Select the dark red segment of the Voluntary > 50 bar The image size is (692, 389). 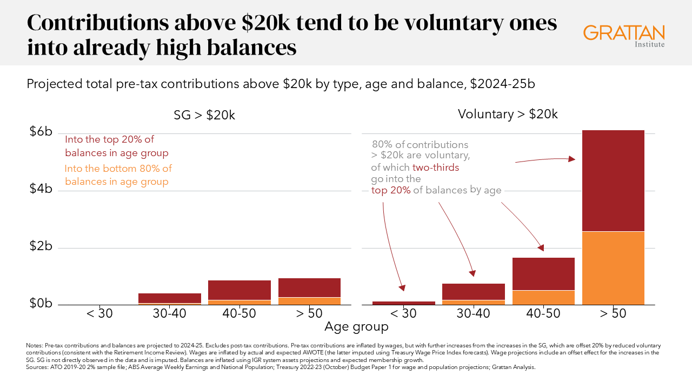pyautogui.click(x=613, y=180)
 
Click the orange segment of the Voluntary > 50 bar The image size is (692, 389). pyautogui.click(x=613, y=268)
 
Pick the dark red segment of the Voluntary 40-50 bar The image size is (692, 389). pyautogui.click(x=543, y=274)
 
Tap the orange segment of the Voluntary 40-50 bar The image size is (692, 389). pyautogui.click(x=543, y=298)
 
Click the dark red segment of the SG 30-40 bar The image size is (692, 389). pyautogui.click(x=170, y=298)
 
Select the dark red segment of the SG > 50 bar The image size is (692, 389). pyautogui.click(x=309, y=287)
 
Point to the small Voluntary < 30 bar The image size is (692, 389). pyautogui.click(x=404, y=303)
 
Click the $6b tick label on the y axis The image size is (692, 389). pyautogui.click(x=41, y=132)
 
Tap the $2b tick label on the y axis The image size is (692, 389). pyautogui.click(x=41, y=247)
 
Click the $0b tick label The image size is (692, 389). pyautogui.click(x=41, y=304)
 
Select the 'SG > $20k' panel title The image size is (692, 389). pyautogui.click(x=204, y=115)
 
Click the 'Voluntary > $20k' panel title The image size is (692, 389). pyautogui.click(x=507, y=114)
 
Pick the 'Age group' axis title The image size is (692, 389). pyautogui.click(x=356, y=327)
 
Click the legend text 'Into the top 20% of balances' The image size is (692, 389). pyautogui.click(x=117, y=146)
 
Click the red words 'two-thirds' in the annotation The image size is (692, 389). pyautogui.click(x=436, y=167)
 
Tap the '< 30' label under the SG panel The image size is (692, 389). pyautogui.click(x=99, y=313)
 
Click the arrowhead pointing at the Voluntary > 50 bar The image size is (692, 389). pyautogui.click(x=572, y=159)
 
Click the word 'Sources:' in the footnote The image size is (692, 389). pyautogui.click(x=36, y=367)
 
